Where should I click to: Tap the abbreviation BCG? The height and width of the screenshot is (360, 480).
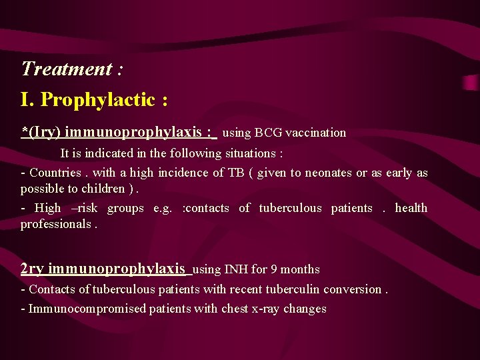(269, 133)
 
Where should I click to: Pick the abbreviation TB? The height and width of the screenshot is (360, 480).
(236, 173)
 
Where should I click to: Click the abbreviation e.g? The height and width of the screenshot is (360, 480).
(162, 209)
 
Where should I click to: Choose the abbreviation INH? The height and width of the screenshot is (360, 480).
(236, 270)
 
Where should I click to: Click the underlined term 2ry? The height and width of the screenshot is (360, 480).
(32, 269)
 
